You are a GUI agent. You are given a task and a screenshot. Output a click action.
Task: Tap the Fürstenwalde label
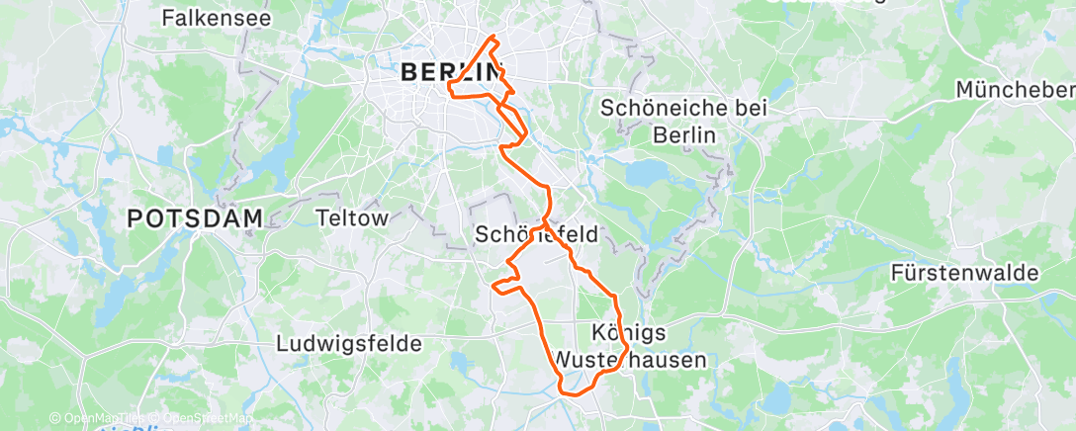point(964,272)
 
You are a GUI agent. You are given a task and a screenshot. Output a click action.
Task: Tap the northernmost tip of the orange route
point(493,37)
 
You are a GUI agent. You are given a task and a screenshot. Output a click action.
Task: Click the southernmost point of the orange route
point(569,393)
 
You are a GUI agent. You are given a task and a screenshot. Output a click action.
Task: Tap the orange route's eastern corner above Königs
point(616,297)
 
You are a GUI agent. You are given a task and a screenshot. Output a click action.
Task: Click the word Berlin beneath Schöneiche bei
point(684,135)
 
